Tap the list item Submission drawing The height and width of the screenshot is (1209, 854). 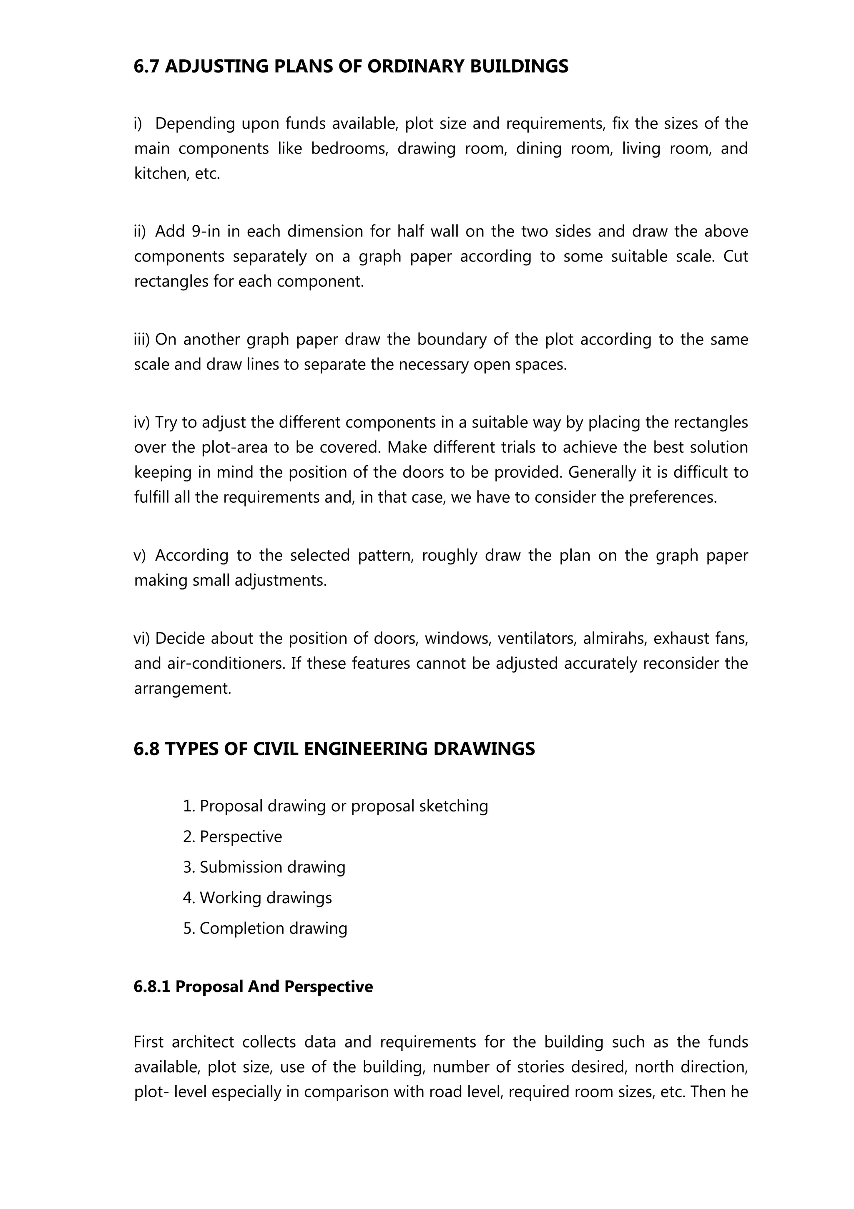(272, 867)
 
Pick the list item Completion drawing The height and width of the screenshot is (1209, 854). (273, 928)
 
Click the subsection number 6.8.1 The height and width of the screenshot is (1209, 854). (152, 986)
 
